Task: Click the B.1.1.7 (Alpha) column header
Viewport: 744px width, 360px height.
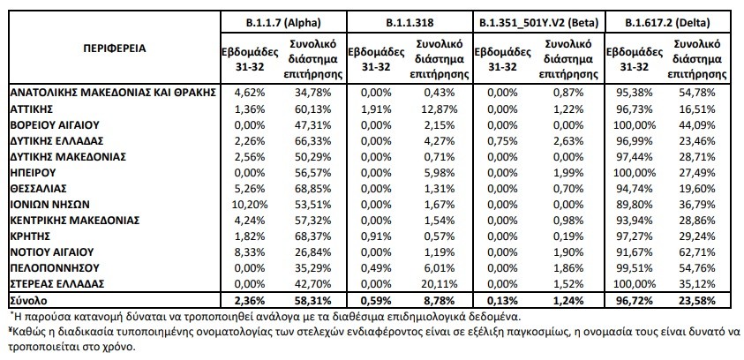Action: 284,22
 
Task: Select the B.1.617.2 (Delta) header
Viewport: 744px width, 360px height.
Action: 667,22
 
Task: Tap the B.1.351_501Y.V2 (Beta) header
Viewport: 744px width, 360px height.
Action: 538,22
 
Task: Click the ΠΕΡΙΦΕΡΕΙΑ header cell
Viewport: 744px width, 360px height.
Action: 115,49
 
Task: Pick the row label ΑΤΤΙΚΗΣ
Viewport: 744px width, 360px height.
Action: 31,109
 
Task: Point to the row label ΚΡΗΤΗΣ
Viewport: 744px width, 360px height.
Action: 30,236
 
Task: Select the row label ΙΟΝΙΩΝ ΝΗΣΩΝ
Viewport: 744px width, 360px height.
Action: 49,205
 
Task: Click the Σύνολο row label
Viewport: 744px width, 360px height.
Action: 28,300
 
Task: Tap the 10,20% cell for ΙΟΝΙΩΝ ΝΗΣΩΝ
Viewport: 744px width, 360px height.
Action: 252,205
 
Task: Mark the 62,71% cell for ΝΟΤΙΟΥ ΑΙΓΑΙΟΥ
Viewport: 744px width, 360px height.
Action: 698,252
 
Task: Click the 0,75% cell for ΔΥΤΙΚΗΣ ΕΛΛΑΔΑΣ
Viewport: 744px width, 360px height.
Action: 504,141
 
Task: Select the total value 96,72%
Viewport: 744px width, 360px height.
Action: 634,300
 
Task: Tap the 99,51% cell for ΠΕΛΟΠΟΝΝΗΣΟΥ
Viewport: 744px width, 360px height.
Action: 634,268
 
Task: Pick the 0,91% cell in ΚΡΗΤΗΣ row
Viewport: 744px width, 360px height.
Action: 377,236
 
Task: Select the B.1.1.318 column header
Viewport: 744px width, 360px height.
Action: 410,22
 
